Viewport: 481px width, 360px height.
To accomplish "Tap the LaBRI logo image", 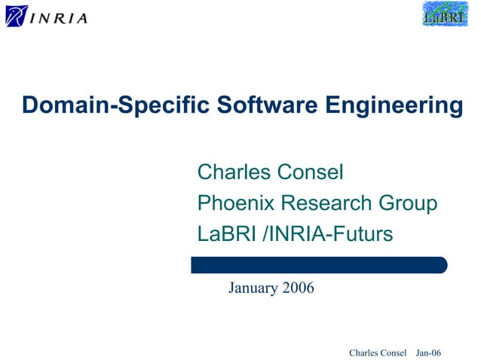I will click(x=444, y=14).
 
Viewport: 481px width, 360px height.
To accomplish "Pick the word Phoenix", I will click(x=236, y=203).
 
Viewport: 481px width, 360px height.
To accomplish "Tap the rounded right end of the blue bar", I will click(x=443, y=264).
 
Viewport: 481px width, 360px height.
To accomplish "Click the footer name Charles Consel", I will click(x=378, y=353).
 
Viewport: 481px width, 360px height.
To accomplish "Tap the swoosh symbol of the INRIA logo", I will click(x=16, y=15).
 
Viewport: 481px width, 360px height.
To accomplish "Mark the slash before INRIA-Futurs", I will click(x=264, y=234).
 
